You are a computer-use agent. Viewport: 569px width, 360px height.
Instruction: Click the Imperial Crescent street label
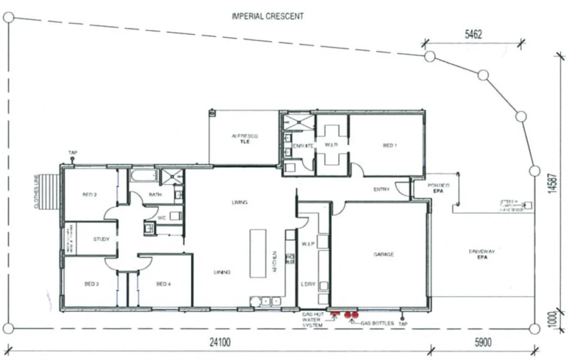(268, 16)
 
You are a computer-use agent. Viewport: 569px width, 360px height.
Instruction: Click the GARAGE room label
(383, 254)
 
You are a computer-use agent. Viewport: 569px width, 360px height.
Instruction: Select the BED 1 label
(389, 145)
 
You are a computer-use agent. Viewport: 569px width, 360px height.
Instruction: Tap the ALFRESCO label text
(244, 136)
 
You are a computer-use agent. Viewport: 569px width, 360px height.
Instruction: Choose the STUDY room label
(101, 239)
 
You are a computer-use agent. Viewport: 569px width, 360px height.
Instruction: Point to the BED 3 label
(91, 284)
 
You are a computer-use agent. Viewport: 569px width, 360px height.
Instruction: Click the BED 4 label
(163, 284)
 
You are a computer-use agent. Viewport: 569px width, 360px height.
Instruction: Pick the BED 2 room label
(90, 195)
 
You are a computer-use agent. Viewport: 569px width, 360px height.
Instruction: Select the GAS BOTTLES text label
(377, 323)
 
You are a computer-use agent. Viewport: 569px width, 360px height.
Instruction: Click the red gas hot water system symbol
(335, 314)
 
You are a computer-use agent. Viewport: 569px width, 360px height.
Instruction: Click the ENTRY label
(381, 189)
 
